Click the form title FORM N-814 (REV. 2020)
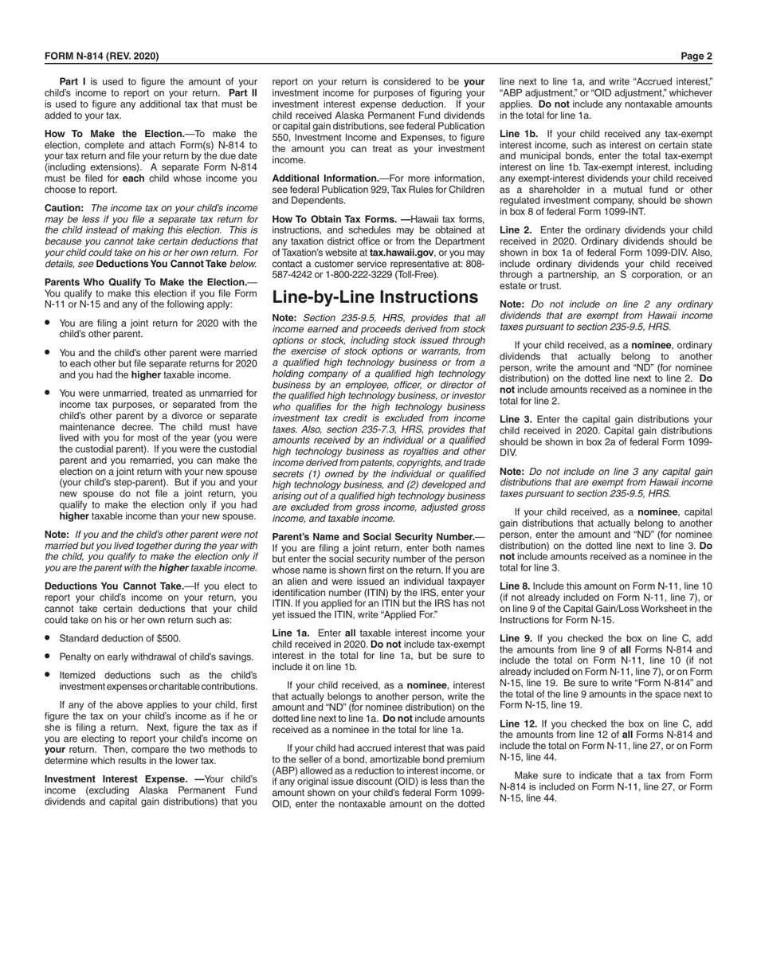click(x=101, y=56)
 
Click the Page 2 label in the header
click(x=696, y=56)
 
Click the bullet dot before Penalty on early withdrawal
click(x=49, y=656)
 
